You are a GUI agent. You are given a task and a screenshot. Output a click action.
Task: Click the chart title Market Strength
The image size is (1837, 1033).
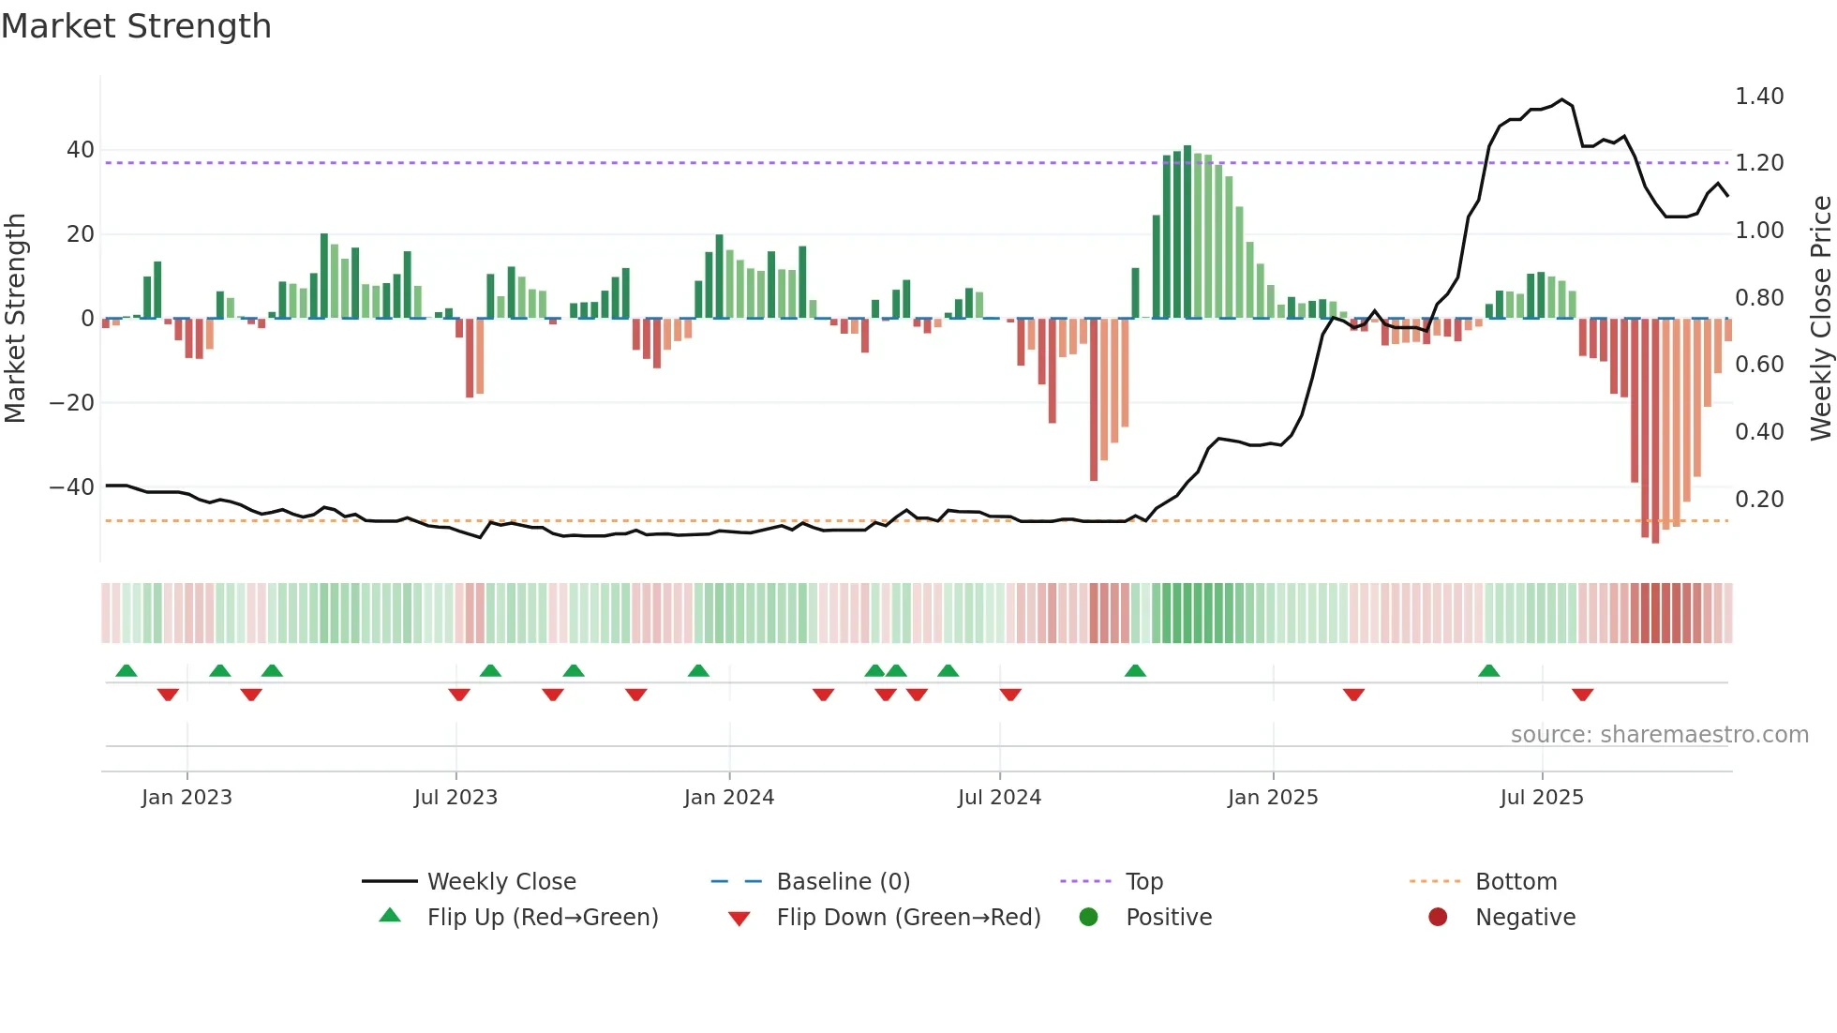point(136,26)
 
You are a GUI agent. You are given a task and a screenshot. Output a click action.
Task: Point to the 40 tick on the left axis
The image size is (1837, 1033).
point(81,150)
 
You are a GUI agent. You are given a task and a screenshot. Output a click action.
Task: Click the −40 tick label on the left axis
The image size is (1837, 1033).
point(72,487)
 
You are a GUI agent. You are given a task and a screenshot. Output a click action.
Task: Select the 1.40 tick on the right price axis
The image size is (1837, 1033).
point(1759,97)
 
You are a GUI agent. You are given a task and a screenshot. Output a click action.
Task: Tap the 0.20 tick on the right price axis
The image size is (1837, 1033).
point(1759,500)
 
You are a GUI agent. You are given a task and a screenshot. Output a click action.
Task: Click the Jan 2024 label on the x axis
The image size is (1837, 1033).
point(729,798)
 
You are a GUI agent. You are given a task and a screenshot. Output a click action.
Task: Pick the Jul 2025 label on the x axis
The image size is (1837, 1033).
point(1542,798)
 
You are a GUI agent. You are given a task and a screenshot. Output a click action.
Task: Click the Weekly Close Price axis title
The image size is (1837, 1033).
point(1820,319)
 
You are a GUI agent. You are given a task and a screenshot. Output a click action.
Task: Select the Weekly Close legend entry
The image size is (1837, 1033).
point(501,882)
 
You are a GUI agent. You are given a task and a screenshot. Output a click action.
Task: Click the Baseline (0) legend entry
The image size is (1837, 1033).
point(843,882)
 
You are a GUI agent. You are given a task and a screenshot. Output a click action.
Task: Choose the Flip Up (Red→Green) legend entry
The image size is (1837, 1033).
point(543,918)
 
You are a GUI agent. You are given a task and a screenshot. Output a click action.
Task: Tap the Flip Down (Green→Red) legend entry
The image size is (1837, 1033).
point(908,918)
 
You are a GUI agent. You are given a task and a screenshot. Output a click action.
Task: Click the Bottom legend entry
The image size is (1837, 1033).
point(1516,882)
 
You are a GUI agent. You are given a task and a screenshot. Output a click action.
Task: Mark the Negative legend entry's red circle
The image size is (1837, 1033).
point(1438,918)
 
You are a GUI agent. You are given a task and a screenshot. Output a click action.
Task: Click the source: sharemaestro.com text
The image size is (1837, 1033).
point(1659,735)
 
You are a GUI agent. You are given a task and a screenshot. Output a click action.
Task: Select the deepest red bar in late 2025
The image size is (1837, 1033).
point(1655,431)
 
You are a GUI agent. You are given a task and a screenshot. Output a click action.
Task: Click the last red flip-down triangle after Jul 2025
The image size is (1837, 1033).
point(1583,695)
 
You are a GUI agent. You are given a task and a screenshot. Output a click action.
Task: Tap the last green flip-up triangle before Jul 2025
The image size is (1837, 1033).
point(1489,670)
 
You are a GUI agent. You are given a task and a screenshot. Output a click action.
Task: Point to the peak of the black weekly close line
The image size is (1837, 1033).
point(1562,99)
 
